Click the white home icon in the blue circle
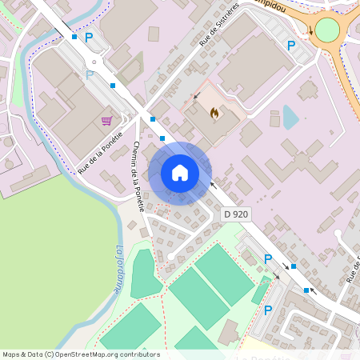pos(180,172)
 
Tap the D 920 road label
pos(236,214)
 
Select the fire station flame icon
pos(214,114)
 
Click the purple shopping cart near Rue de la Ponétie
pos(106,121)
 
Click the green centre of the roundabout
pos(327,30)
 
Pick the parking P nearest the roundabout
pos(291,46)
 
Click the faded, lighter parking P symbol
pos(90,74)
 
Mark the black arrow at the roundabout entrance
pos(310,30)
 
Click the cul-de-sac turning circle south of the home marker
pos(170,256)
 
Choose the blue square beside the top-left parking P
pos(74,37)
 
